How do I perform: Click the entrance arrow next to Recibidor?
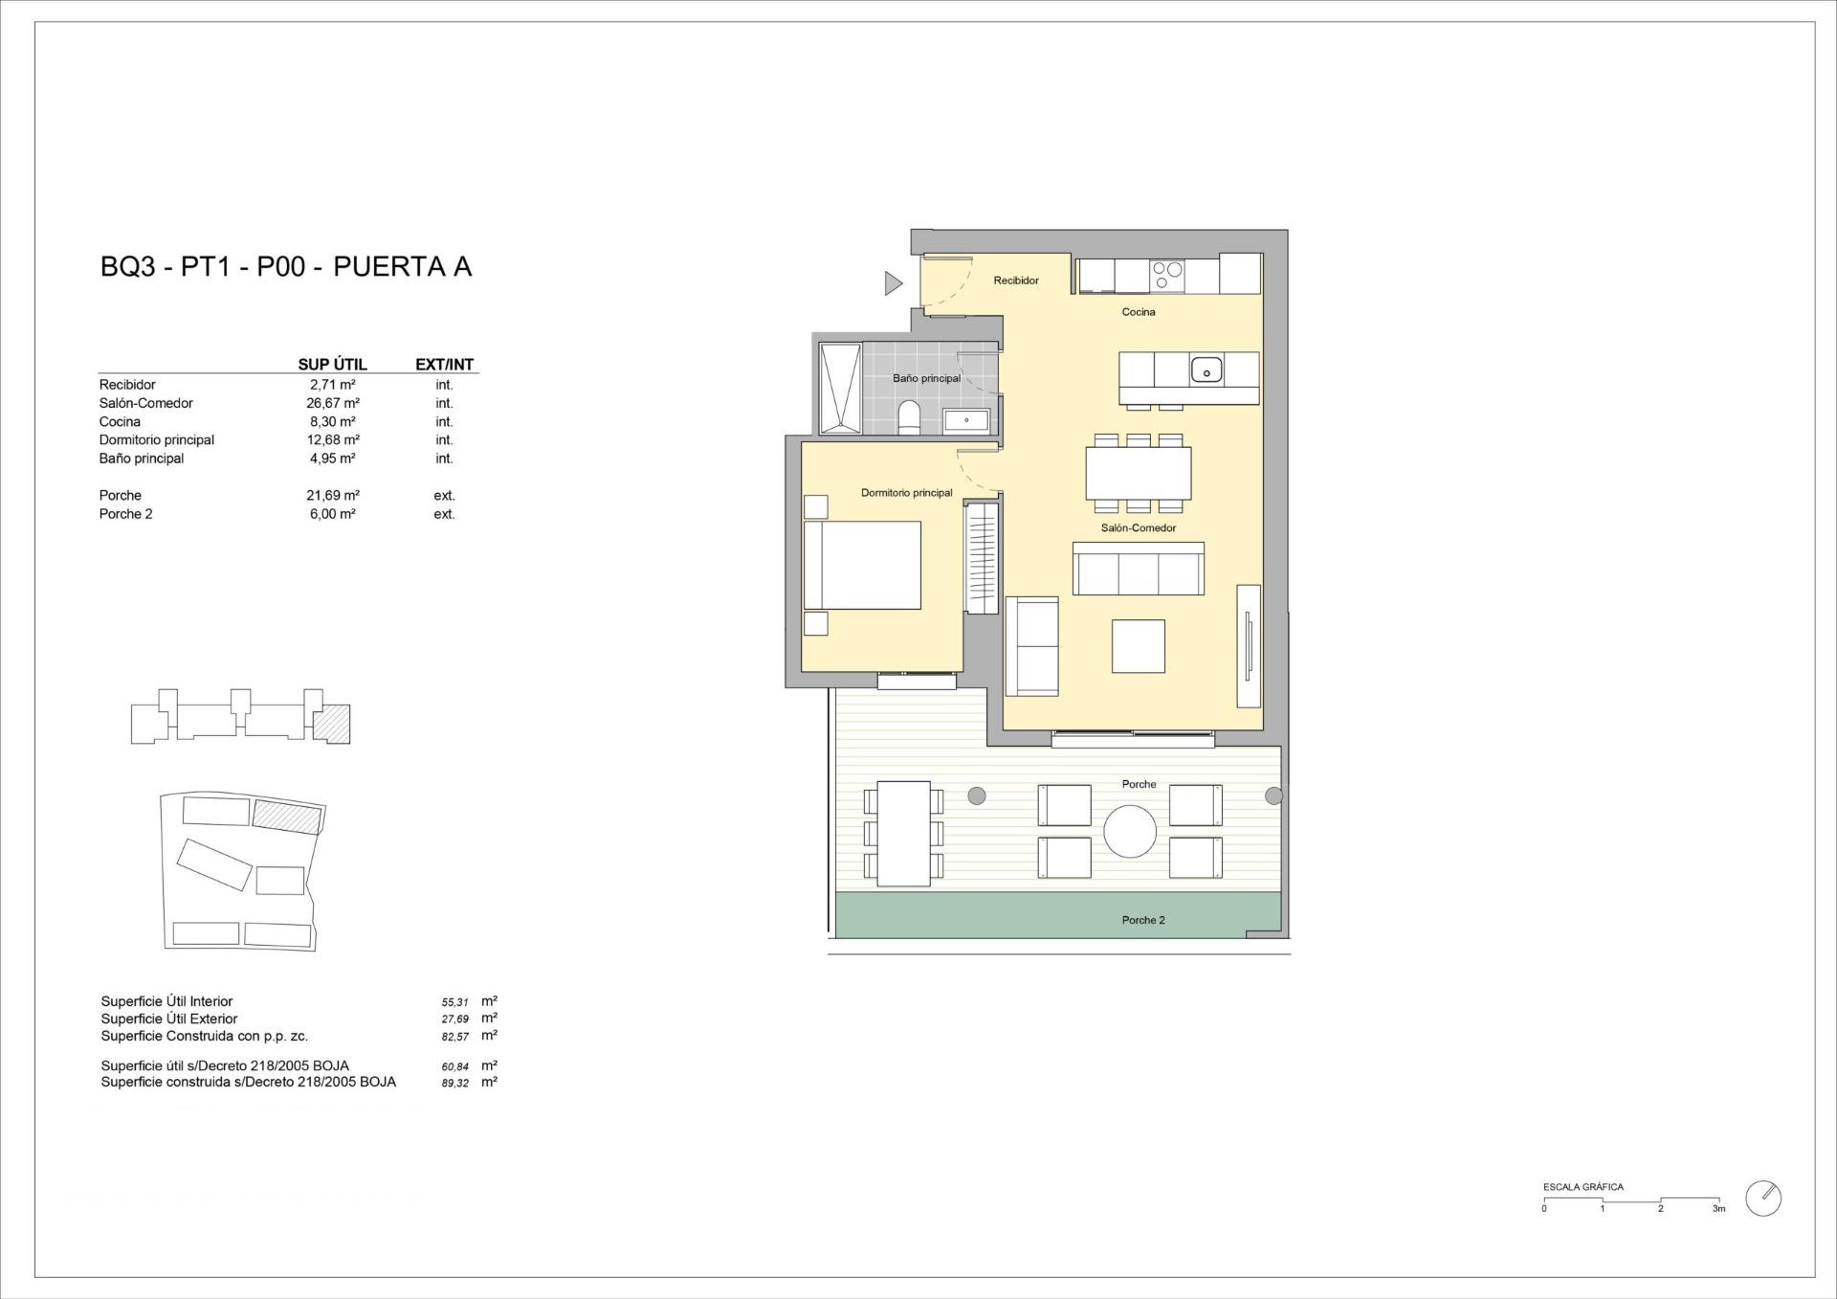pos(893,282)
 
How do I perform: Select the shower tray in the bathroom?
pos(839,387)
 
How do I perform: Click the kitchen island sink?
pos(1206,370)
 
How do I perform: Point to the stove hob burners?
pos(1166,276)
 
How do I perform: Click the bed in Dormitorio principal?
pos(863,565)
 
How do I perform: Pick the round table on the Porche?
pos(1130,831)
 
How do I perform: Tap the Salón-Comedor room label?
pos(1138,527)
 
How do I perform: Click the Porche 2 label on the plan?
pos(1143,920)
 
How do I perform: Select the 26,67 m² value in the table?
pos(332,403)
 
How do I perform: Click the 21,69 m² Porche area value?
pos(332,495)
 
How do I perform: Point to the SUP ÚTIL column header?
pos(332,365)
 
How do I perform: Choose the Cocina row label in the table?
pos(120,421)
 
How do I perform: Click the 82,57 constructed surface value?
pos(455,1037)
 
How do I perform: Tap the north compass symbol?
pos(1762,1198)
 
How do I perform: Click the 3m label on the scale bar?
pos(1718,1209)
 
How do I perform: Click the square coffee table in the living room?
pos(1138,646)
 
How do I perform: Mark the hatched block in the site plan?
pos(286,817)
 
